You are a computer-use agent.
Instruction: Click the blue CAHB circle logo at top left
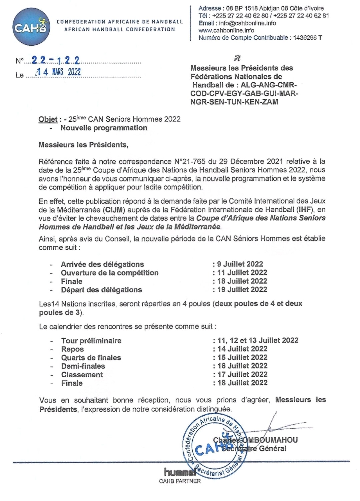click(31, 27)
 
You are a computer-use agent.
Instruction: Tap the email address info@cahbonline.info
click(247, 23)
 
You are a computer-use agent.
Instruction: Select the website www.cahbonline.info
click(226, 30)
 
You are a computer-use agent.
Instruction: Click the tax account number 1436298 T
click(307, 38)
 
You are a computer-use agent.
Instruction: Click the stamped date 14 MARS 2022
click(58, 72)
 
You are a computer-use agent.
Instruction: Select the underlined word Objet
click(48, 119)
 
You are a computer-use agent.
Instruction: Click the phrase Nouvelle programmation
click(104, 128)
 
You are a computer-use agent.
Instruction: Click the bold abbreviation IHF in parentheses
click(305, 210)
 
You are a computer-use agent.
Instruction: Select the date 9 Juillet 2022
click(240, 264)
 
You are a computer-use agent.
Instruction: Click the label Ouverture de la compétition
click(110, 273)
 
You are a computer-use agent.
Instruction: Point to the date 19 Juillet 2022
click(242, 290)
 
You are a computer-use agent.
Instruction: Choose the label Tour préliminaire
click(91, 341)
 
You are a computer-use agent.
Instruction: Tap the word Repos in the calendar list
click(72, 349)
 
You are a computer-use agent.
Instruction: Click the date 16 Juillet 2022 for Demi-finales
click(242, 366)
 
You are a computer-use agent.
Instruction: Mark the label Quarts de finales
click(91, 358)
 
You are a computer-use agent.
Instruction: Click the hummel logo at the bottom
click(179, 472)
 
